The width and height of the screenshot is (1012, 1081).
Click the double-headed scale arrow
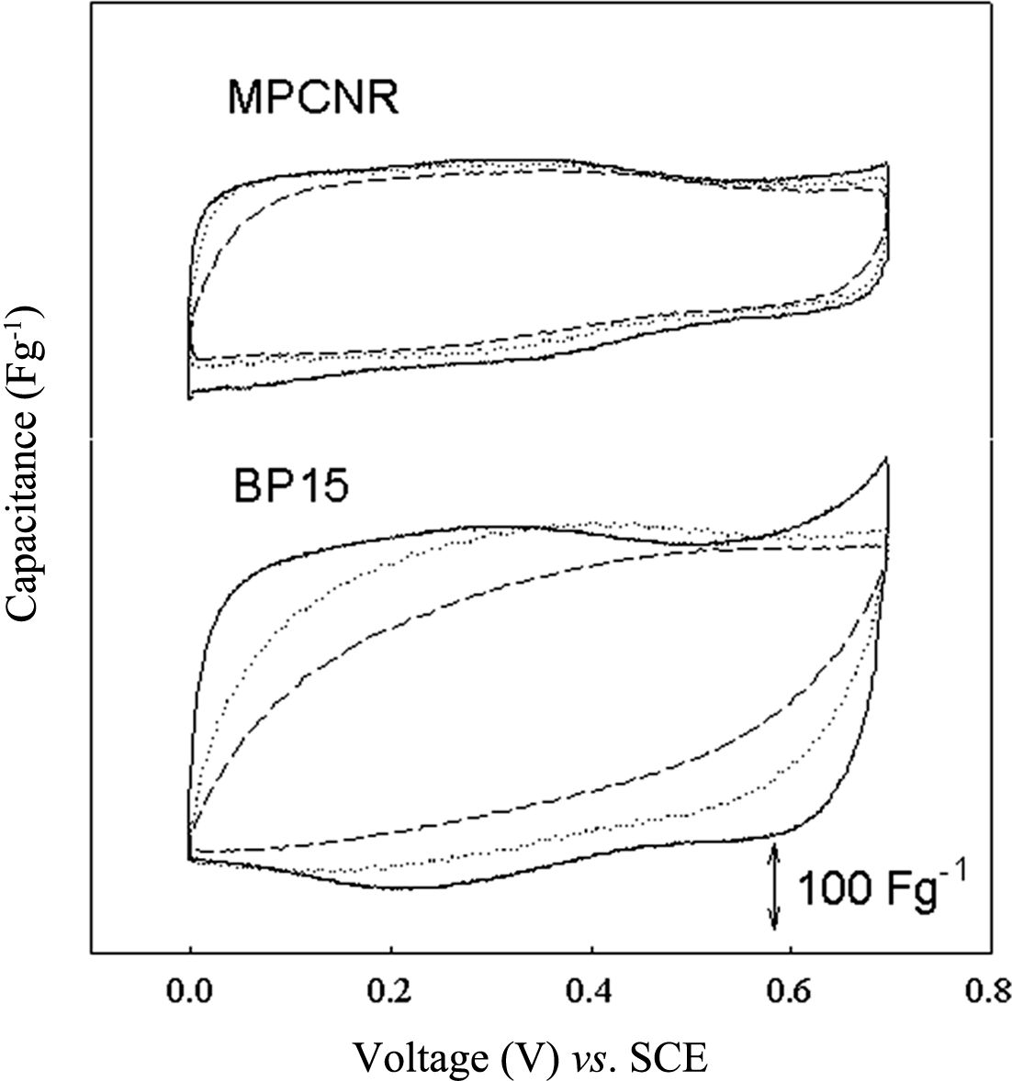pyautogui.click(x=775, y=886)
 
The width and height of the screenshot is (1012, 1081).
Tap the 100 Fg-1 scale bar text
pyautogui.click(x=881, y=889)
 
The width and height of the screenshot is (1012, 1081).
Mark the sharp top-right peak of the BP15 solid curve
pyautogui.click(x=886, y=459)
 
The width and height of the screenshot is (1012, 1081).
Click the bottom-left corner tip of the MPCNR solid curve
pyautogui.click(x=189, y=397)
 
